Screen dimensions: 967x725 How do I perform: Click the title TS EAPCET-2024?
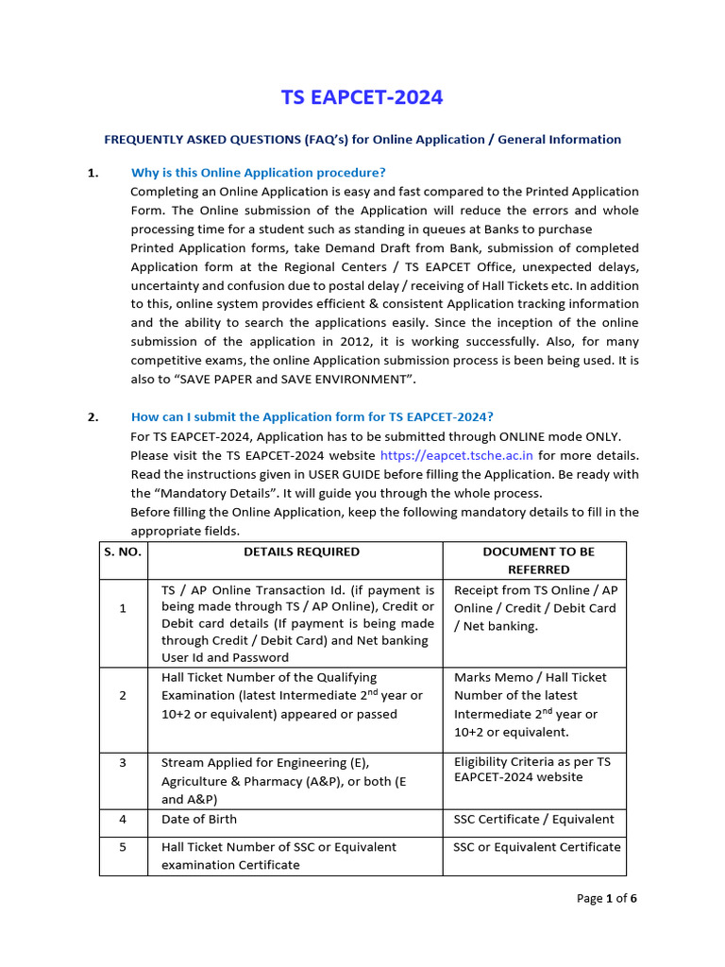362,97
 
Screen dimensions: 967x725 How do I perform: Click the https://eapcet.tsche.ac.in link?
455,455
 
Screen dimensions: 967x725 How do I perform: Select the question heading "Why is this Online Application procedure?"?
258,172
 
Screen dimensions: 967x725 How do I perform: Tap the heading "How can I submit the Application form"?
312,416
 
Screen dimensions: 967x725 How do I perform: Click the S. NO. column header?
123,551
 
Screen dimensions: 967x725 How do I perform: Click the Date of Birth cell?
199,819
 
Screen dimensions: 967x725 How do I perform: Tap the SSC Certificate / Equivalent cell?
533,819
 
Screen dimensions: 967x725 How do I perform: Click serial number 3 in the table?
123,762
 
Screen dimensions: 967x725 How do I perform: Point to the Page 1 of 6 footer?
606,898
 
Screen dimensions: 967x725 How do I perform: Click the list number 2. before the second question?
93,416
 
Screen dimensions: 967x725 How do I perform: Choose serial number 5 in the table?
123,847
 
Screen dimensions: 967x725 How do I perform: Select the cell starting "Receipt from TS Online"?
535,607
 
